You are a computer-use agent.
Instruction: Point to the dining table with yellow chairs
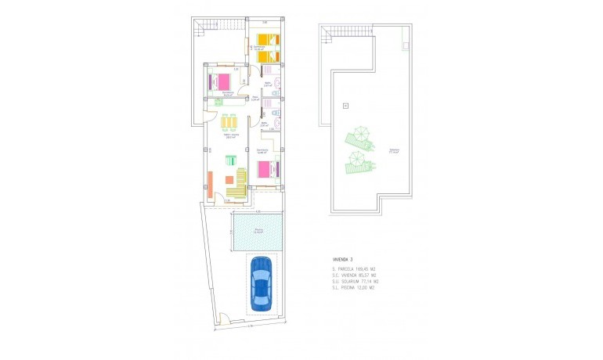pyautogui.click(x=229, y=123)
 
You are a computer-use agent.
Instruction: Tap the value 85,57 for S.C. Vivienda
pyautogui.click(x=365, y=276)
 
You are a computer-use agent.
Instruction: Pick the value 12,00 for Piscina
pyautogui.click(x=364, y=289)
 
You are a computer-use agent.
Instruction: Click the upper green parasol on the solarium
pyautogui.click(x=359, y=139)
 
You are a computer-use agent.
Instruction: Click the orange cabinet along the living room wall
pyautogui.click(x=209, y=184)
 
